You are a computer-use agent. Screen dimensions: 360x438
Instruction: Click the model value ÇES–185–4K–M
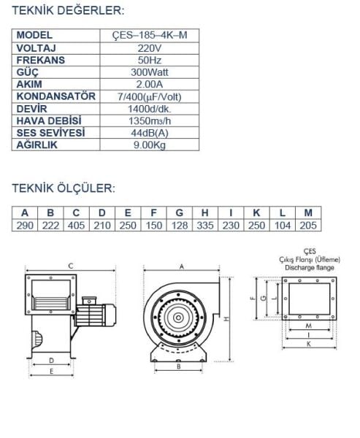point(150,36)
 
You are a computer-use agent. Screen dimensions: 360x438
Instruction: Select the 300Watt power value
point(150,72)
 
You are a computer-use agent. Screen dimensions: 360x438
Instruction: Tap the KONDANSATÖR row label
point(56,96)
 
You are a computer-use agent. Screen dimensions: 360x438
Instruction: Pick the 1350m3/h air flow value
point(150,121)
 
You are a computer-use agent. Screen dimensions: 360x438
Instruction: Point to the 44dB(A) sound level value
point(150,133)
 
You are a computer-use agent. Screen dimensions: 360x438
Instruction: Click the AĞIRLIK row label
point(37,145)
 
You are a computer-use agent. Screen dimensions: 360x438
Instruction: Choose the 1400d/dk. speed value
point(150,109)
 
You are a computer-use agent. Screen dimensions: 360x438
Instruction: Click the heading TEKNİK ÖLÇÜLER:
point(64,188)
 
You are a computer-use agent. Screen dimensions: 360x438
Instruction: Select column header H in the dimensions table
point(205,213)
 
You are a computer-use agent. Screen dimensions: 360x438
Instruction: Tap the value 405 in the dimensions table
point(76,226)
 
